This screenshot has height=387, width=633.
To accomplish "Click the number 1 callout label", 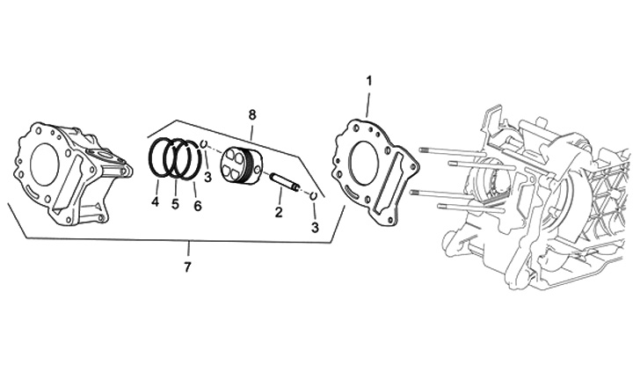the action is (x=369, y=81).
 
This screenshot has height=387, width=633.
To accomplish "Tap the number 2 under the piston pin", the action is (x=279, y=212).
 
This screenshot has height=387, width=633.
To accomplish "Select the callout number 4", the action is (x=155, y=203).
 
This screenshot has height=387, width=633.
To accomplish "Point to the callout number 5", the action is (x=175, y=204).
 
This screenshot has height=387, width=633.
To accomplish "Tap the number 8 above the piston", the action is (x=252, y=115).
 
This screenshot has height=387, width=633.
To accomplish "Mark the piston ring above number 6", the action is (x=188, y=158).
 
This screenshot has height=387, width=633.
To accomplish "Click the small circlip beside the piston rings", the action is (x=204, y=146).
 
